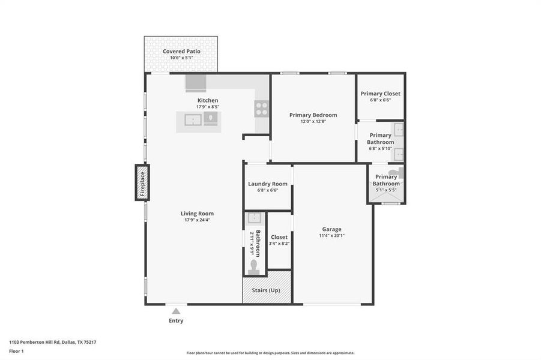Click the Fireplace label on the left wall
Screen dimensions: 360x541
(142, 184)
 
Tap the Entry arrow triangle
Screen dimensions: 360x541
(176, 311)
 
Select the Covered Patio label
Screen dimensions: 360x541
(181, 52)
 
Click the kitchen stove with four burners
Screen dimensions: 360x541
(262, 109)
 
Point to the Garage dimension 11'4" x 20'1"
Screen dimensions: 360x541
(331, 236)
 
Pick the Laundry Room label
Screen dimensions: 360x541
(267, 184)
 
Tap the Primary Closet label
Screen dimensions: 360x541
(380, 94)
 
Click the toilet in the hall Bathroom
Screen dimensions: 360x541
(253, 266)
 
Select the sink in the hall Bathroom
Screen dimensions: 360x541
(253, 218)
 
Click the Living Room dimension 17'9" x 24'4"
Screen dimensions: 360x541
(197, 220)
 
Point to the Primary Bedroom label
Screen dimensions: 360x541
(313, 115)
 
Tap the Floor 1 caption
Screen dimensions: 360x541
(16, 351)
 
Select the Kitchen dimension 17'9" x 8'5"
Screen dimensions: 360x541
(208, 107)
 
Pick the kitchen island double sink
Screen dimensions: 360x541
(192, 120)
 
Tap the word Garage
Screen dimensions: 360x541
(331, 229)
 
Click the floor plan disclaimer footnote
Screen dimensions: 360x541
(270, 353)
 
